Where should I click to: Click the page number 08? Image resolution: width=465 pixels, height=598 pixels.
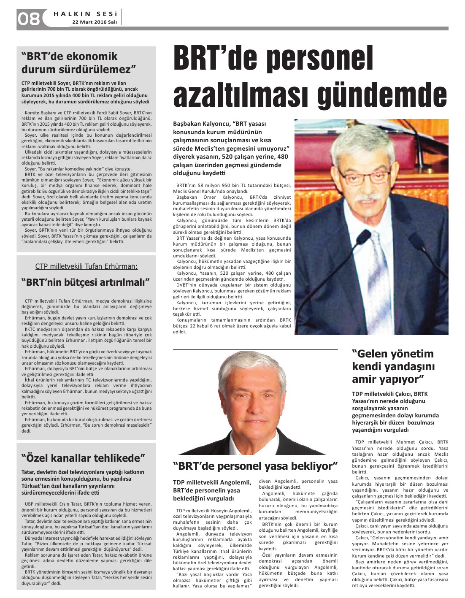pyautogui.click(x=28, y=19)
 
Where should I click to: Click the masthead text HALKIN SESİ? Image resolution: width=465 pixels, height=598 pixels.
pyautogui.click(x=85, y=14)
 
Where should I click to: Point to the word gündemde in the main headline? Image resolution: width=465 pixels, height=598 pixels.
pyautogui.click(x=381, y=95)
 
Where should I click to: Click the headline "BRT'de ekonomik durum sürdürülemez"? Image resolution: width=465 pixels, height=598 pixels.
pyautogui.click(x=78, y=62)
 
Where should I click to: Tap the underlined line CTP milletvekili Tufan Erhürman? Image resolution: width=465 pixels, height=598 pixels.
pyautogui.click(x=87, y=266)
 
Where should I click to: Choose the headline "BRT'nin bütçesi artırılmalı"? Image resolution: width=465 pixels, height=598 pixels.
pyautogui.click(x=86, y=282)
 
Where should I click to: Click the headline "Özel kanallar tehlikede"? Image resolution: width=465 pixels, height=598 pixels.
pyautogui.click(x=83, y=458)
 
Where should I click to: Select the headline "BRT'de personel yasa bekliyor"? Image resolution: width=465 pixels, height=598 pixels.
pyautogui.click(x=255, y=466)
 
